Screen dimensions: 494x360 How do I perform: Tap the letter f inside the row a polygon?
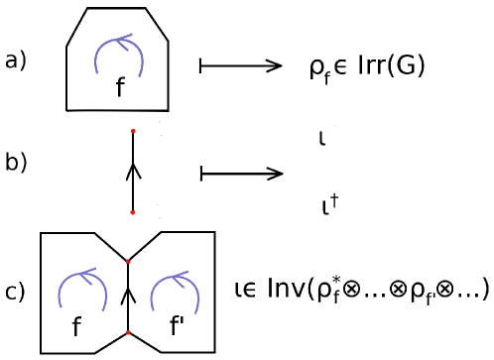[x=120, y=88]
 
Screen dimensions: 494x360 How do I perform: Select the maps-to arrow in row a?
[x=242, y=65]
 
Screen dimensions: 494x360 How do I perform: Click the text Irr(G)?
[x=392, y=67]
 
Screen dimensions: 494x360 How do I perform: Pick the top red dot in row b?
[x=133, y=130]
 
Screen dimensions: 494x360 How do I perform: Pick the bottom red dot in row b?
[x=133, y=212]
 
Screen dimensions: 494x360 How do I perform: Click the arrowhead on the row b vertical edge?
[x=133, y=171]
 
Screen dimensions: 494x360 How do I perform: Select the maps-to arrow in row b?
[x=242, y=174]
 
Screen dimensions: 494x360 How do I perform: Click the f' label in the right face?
[x=180, y=326]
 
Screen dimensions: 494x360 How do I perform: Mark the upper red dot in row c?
[x=128, y=260]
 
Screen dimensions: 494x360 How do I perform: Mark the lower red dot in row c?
[x=128, y=332]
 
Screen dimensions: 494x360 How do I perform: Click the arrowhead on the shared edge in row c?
[x=128, y=295]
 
